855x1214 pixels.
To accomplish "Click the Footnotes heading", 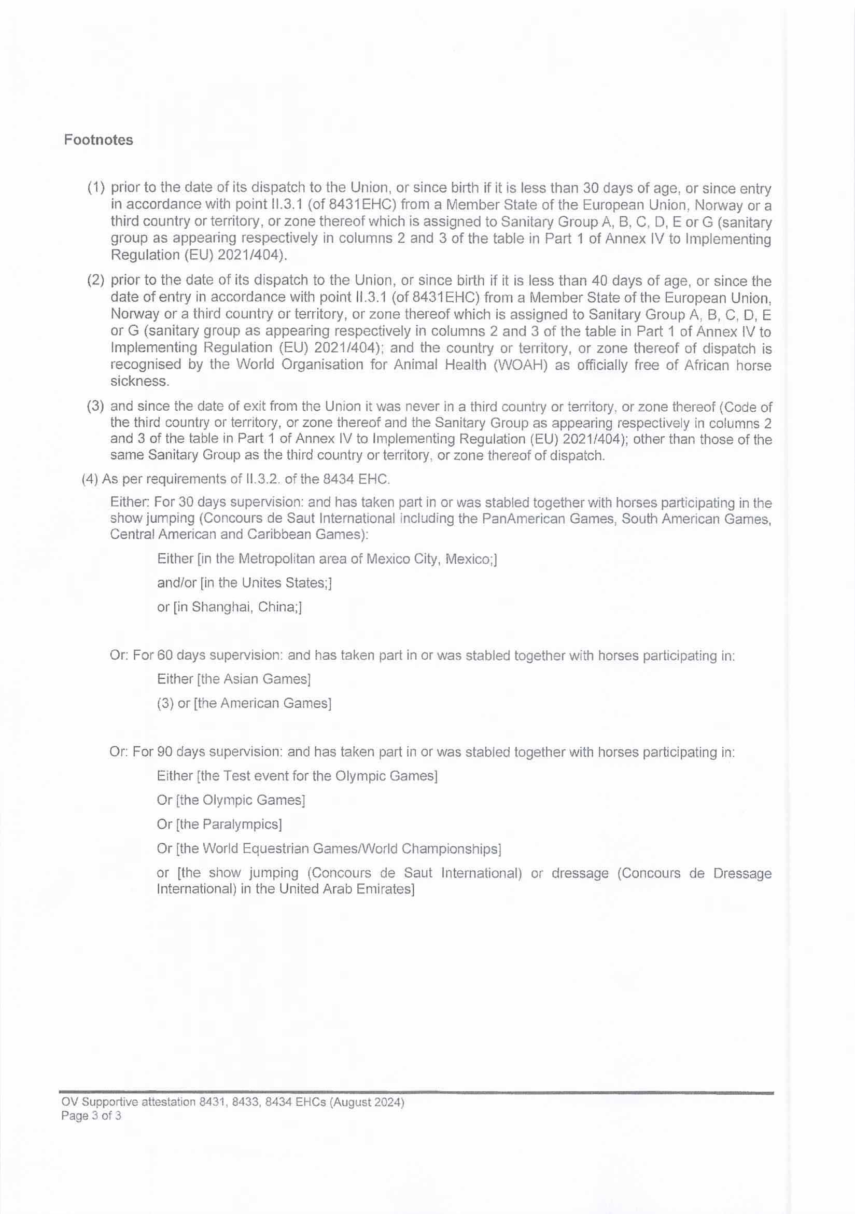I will point(99,140).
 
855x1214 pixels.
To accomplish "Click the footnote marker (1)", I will point(96,188).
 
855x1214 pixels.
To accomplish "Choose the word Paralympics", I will point(248,825).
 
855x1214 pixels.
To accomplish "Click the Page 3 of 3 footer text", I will point(91,1116).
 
